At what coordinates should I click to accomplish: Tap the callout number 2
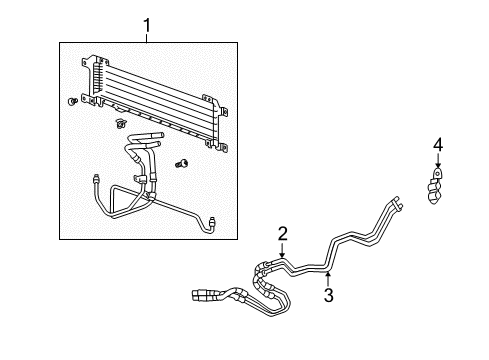pos(283,233)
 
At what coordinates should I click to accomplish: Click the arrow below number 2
pos(283,251)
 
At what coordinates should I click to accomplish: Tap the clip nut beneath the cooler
pos(119,124)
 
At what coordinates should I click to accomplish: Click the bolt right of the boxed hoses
pos(182,163)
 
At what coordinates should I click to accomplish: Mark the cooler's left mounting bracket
pos(95,75)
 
